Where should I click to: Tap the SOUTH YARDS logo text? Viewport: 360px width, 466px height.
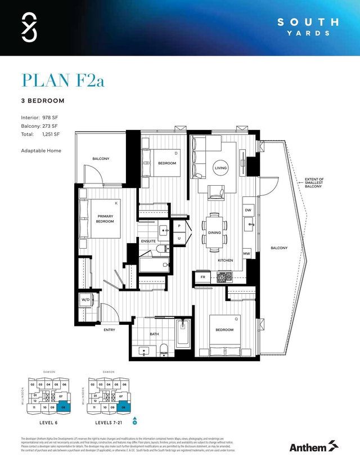[308, 27]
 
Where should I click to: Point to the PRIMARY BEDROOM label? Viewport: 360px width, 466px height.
[105, 219]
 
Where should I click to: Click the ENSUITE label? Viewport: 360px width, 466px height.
[148, 241]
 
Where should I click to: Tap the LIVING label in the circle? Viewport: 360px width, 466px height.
[220, 168]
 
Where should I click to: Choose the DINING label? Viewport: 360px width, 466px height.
[215, 232]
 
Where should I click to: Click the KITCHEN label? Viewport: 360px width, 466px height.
[226, 261]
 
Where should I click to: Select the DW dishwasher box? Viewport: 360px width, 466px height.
[247, 210]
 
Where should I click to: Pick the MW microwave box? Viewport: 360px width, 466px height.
[246, 254]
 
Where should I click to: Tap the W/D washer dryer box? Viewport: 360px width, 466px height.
[85, 300]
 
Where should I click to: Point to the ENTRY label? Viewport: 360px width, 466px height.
[109, 330]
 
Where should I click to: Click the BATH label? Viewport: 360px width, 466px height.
[154, 334]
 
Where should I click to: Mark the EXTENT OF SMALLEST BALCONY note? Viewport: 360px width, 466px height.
[314, 182]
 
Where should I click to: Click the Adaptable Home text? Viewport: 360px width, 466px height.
[41, 150]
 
